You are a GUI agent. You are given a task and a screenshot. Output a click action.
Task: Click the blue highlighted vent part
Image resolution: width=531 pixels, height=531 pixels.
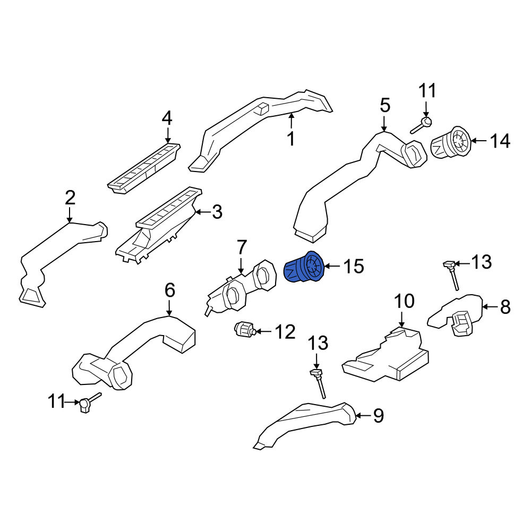coord(304,267)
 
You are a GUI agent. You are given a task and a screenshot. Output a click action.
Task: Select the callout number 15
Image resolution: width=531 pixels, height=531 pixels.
coord(354,266)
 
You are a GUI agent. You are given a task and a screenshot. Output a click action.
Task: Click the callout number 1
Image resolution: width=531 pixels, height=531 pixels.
coord(291,139)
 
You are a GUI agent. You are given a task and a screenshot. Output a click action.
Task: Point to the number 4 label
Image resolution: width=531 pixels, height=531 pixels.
coord(167,118)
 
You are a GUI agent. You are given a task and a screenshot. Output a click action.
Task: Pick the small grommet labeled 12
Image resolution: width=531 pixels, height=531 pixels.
coord(244,329)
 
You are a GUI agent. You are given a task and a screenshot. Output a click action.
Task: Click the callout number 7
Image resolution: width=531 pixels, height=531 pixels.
coord(242,247)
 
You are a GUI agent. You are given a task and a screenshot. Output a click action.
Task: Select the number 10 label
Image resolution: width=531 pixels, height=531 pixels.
coord(404,301)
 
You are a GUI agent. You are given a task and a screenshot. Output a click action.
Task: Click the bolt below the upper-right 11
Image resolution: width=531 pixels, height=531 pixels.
coord(421,125)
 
